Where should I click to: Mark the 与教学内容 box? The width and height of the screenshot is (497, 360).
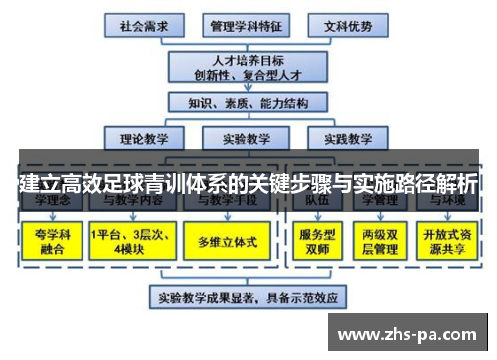[x=129, y=200]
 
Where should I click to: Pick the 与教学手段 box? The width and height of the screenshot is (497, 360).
[x=228, y=200]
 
